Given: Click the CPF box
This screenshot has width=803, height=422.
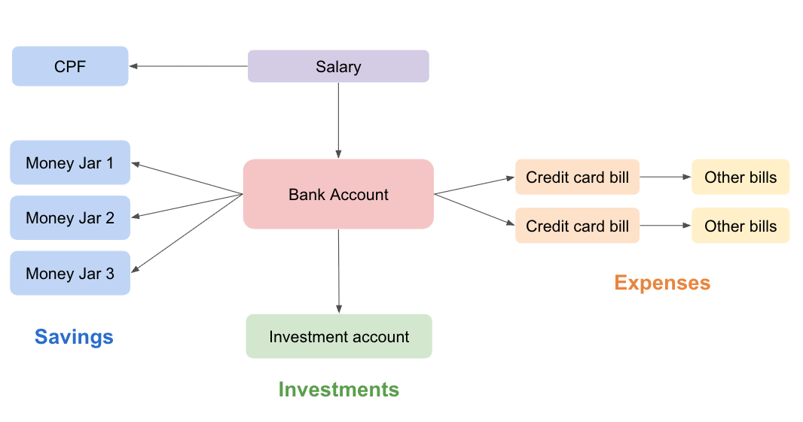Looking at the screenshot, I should coord(70,66).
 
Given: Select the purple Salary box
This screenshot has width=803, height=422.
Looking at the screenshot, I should coord(338,66).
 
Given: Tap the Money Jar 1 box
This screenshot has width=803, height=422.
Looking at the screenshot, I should coord(70,162).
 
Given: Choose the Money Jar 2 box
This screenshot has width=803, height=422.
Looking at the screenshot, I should coord(70,218).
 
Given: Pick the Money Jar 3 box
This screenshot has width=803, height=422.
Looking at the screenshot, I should coord(70,273).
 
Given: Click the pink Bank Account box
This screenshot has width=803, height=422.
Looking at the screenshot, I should coord(338,194).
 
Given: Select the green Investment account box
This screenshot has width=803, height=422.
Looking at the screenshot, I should coord(339,336).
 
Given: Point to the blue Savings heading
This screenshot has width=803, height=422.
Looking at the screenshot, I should coord(74,336).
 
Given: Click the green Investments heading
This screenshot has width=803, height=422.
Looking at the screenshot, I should coord(338,389).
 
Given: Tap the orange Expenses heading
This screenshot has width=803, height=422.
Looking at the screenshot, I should coord(662,282).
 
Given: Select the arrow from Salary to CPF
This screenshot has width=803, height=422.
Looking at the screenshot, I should coord(188,66).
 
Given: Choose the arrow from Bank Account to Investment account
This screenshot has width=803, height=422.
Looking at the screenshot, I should coord(338,271).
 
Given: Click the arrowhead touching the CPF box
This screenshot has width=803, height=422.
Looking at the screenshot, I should coord(133,66).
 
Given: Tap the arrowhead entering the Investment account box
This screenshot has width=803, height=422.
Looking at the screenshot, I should coord(338,309).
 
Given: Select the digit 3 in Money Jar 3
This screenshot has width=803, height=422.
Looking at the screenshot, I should coord(110,273).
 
